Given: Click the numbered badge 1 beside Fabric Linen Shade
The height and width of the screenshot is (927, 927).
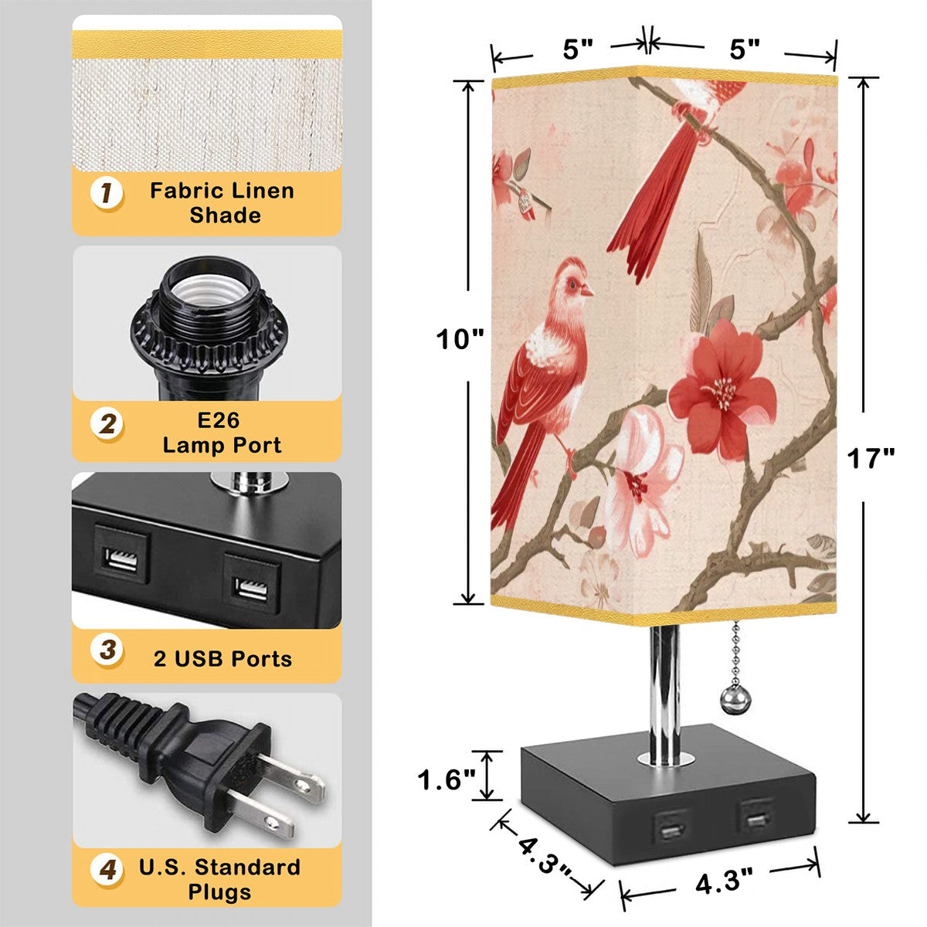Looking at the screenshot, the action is pyautogui.click(x=107, y=193).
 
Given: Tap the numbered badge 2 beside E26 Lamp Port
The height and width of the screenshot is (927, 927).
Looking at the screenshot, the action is pyautogui.click(x=107, y=425).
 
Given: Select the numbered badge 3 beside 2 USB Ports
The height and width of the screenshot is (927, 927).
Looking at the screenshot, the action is pyautogui.click(x=107, y=650).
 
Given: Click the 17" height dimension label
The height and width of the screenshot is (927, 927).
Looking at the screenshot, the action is pyautogui.click(x=871, y=458).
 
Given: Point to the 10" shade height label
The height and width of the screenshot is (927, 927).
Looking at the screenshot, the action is pyautogui.click(x=460, y=340).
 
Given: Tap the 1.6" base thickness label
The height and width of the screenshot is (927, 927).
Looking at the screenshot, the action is pyautogui.click(x=447, y=779).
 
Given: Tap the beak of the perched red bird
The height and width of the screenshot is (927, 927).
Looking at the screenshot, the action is pyautogui.click(x=588, y=290).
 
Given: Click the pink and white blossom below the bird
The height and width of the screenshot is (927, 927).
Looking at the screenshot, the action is pyautogui.click(x=641, y=481).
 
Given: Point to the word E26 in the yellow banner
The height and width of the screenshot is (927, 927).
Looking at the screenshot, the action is pyautogui.click(x=218, y=420).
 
